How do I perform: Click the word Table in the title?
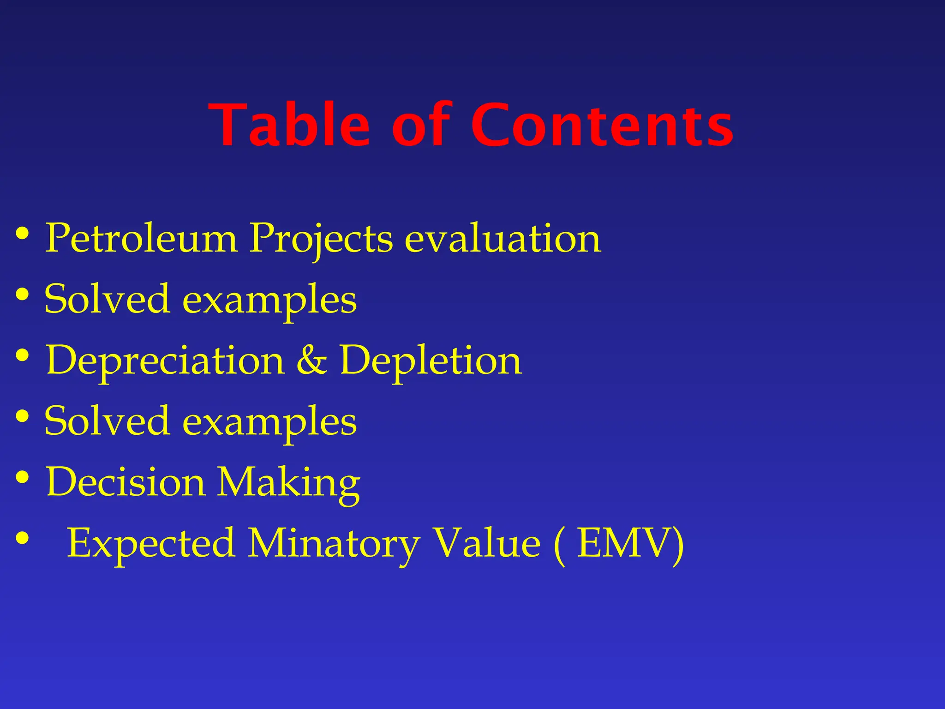click(x=289, y=126)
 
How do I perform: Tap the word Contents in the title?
click(x=602, y=126)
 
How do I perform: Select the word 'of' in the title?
click(x=421, y=126)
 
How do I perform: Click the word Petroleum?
click(x=141, y=238)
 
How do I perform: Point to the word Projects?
click(x=321, y=239)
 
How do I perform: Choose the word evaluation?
click(x=503, y=238)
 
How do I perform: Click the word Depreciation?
click(x=165, y=361)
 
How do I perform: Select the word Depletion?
click(x=431, y=361)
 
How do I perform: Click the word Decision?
click(x=125, y=482)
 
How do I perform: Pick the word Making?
click(x=288, y=483)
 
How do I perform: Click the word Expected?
click(x=150, y=544)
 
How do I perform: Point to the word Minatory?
click(x=333, y=544)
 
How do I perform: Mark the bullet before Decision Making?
click(x=22, y=477)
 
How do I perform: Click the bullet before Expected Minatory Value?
click(x=22, y=538)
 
